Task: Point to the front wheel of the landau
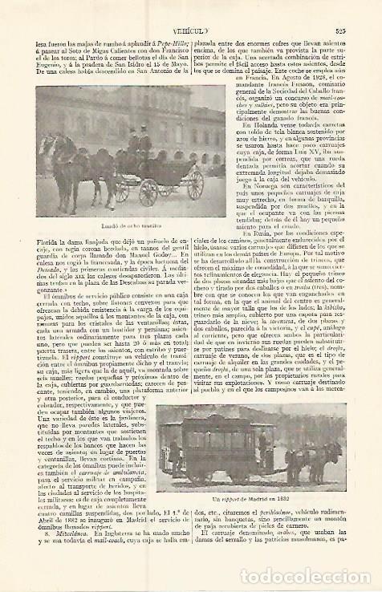tap(148, 192)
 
